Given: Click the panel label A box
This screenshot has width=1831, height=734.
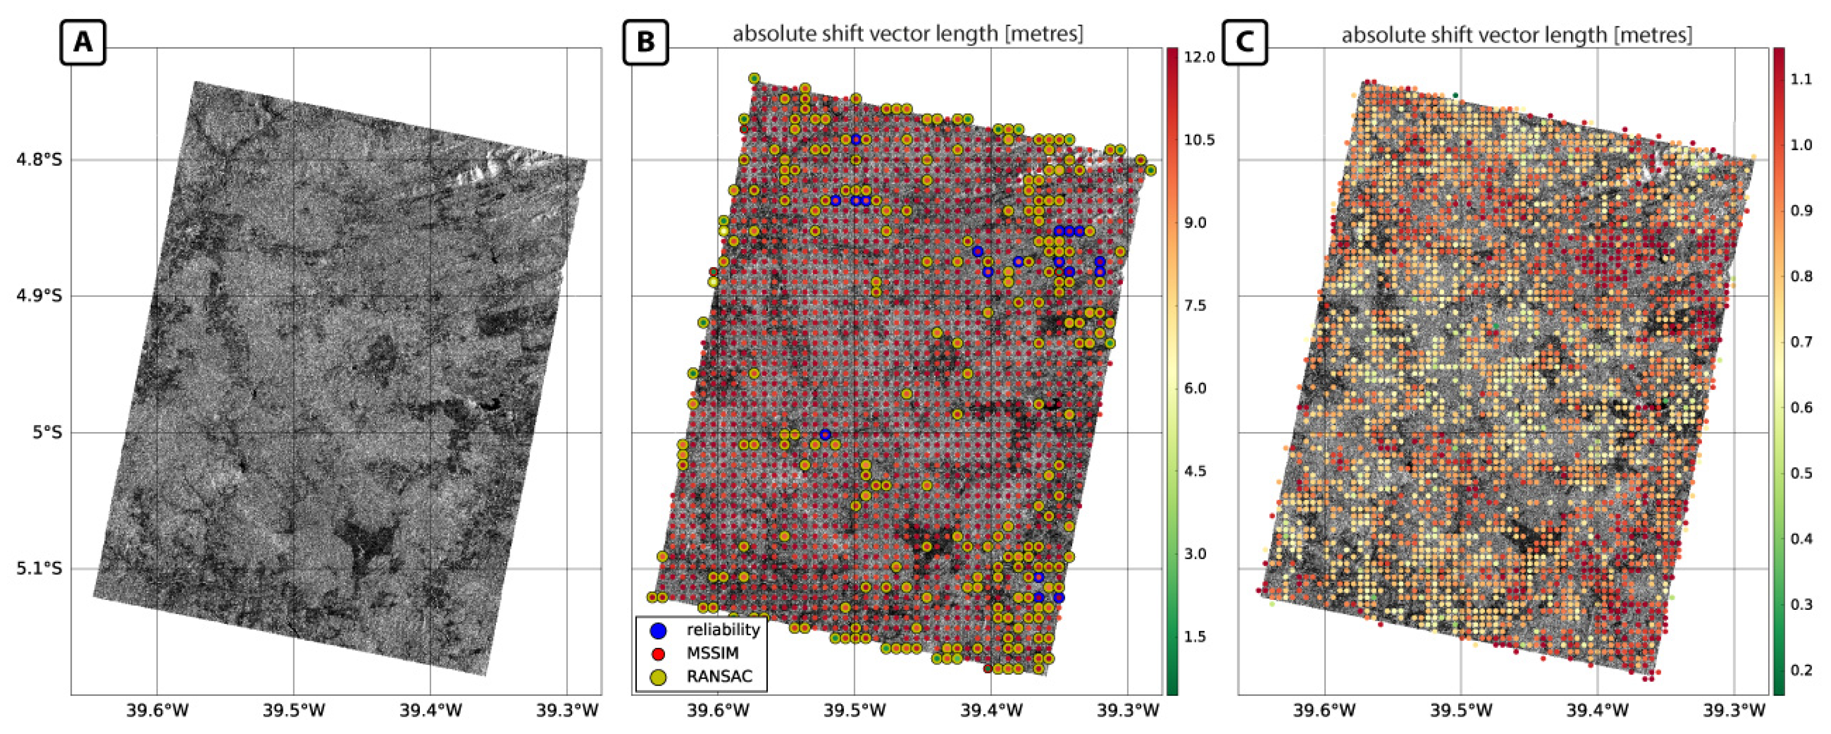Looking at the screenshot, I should [83, 43].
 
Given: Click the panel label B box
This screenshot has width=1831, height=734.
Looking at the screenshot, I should [645, 43].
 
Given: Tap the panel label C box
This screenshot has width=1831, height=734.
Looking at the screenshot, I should [1245, 43].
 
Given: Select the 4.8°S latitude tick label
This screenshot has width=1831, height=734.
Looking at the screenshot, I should [39, 159].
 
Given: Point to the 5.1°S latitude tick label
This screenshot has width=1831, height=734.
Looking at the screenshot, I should [39, 569].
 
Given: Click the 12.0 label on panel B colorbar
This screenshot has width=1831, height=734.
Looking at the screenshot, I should [1200, 57].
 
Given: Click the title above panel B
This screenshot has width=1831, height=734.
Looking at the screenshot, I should [908, 34].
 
